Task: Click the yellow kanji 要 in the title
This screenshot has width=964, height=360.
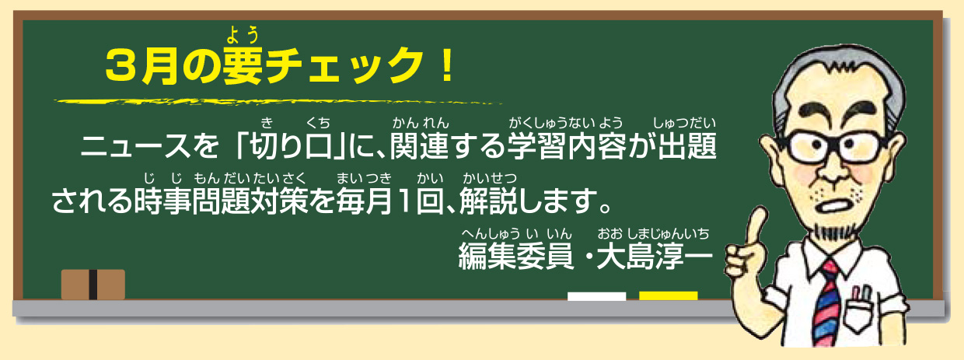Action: point(243,65)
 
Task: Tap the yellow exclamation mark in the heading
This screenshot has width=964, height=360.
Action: point(448,65)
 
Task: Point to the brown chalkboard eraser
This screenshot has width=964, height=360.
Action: point(93,285)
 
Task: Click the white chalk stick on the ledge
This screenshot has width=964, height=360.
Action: point(596,296)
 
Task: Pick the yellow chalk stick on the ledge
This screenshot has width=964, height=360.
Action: point(668,296)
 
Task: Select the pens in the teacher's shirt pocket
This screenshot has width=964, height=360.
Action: point(861,294)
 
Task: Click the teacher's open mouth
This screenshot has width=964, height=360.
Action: point(837,204)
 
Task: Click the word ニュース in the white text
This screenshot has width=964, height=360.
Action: point(135,146)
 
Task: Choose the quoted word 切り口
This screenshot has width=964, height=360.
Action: point(292,146)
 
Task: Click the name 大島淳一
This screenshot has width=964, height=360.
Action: point(655,257)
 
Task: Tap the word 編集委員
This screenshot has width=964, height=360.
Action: point(516,257)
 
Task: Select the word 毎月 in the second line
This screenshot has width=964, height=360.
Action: point(365,201)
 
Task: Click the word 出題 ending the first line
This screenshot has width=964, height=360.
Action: point(687,146)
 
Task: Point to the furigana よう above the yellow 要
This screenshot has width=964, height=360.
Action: point(243,35)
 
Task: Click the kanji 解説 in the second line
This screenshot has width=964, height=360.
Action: point(488,201)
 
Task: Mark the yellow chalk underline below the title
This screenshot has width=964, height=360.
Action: point(278,103)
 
